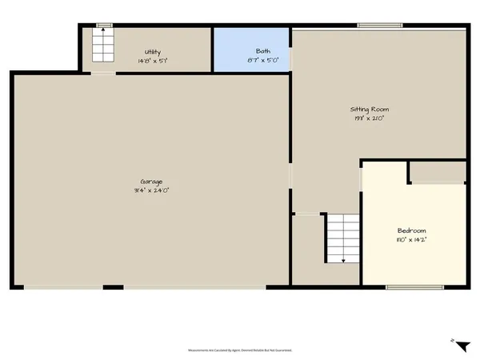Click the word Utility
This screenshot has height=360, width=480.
(x=152, y=52)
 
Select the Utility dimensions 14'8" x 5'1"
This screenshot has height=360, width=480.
(x=152, y=61)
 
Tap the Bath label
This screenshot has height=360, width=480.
(x=252, y=51)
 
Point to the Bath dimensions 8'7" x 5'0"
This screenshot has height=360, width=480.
(x=252, y=60)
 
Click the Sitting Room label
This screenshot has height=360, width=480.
(x=369, y=109)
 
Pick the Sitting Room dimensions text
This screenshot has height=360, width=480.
(x=369, y=118)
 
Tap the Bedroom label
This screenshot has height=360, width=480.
(x=411, y=230)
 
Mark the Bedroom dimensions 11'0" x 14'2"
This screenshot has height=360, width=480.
(x=411, y=239)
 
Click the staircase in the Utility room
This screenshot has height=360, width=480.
(x=102, y=46)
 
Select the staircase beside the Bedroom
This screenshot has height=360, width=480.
(x=342, y=238)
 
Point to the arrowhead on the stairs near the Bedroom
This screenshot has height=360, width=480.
(x=343, y=261)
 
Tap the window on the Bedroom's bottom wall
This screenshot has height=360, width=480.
(x=414, y=286)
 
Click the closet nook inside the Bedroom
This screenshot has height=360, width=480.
(x=437, y=171)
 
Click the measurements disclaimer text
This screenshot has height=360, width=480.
(x=239, y=350)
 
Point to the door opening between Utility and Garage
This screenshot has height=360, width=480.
(x=102, y=74)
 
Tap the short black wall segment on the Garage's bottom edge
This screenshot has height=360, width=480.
(x=113, y=286)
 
